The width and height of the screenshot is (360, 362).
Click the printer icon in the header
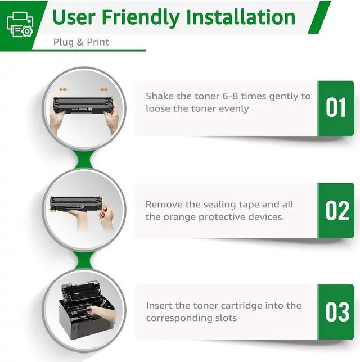[20, 24]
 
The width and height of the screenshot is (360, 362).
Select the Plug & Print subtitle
[81, 42]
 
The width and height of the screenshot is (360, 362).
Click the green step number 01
[336, 107]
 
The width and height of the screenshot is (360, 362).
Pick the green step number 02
[337, 210]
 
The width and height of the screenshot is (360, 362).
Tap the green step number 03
[337, 312]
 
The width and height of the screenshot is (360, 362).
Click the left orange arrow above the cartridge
[62, 89]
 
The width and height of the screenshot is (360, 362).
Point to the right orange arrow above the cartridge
[103, 89]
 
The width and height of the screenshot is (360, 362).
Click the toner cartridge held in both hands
[83, 105]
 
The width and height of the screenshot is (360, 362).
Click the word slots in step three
[226, 318]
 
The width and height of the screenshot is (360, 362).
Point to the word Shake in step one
[160, 96]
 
